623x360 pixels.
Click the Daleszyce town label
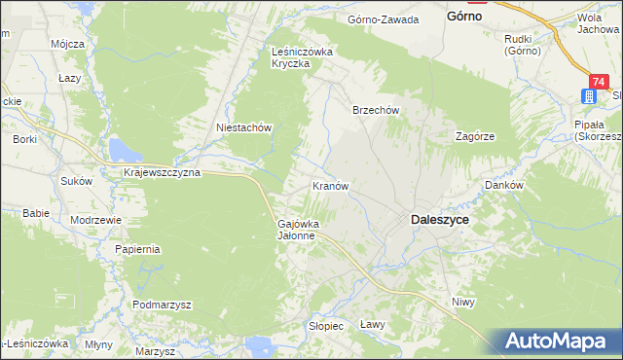[440, 221]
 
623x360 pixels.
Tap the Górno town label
[465, 17]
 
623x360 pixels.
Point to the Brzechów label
[376, 111]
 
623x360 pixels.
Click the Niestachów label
[242, 127]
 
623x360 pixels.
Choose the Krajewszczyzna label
[163, 172]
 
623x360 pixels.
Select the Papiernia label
[137, 249]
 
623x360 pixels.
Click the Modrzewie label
[95, 220]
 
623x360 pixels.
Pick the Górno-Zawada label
[384, 19]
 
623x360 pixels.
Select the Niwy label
[462, 303]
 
